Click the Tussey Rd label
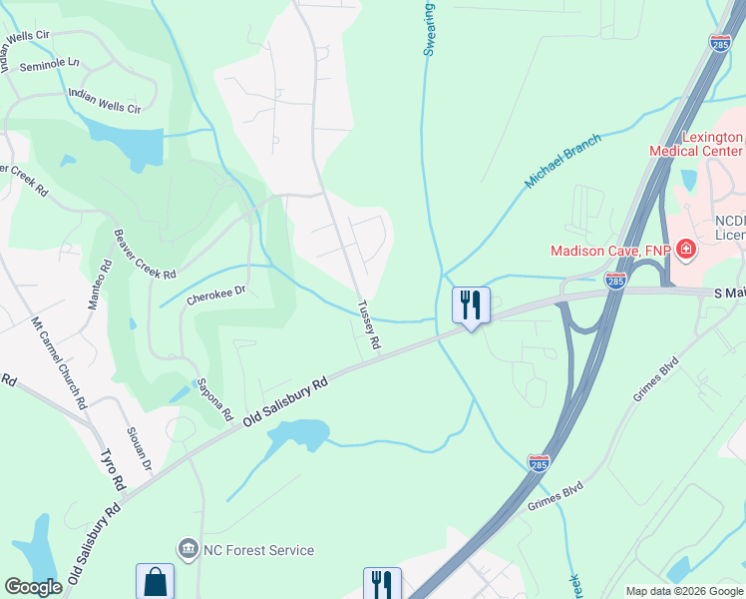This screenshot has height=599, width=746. coord(369,326)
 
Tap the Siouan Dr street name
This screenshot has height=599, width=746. coord(138,449)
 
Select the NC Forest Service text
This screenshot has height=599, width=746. coord(258,550)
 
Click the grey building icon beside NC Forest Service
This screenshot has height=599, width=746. coord(186,548)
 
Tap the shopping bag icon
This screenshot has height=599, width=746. coord(155,580)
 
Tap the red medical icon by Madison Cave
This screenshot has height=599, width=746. coord(685,249)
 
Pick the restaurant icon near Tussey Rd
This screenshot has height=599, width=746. coord(471,303)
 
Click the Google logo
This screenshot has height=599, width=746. coord(33,587)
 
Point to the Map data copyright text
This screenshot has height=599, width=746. coord(684,591)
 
